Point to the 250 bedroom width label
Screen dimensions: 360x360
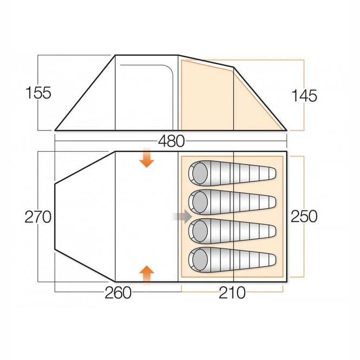tap(303, 217)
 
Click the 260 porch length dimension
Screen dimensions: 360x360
tap(117, 293)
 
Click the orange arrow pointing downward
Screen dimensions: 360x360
tap(146, 159)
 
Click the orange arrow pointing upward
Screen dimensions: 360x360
tap(146, 274)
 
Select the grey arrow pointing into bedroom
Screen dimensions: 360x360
tap(182, 217)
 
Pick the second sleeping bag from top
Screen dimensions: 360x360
tap(232, 202)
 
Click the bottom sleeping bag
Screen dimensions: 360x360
tap(232, 259)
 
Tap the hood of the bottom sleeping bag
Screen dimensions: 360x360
tap(199, 259)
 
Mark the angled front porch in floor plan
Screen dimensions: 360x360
tap(84, 217)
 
